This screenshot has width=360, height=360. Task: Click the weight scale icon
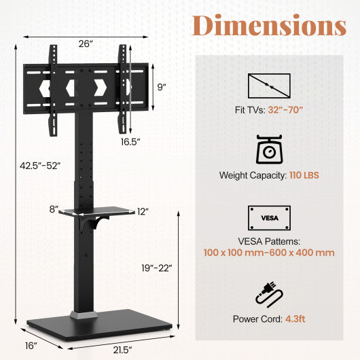pos(270,150)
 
